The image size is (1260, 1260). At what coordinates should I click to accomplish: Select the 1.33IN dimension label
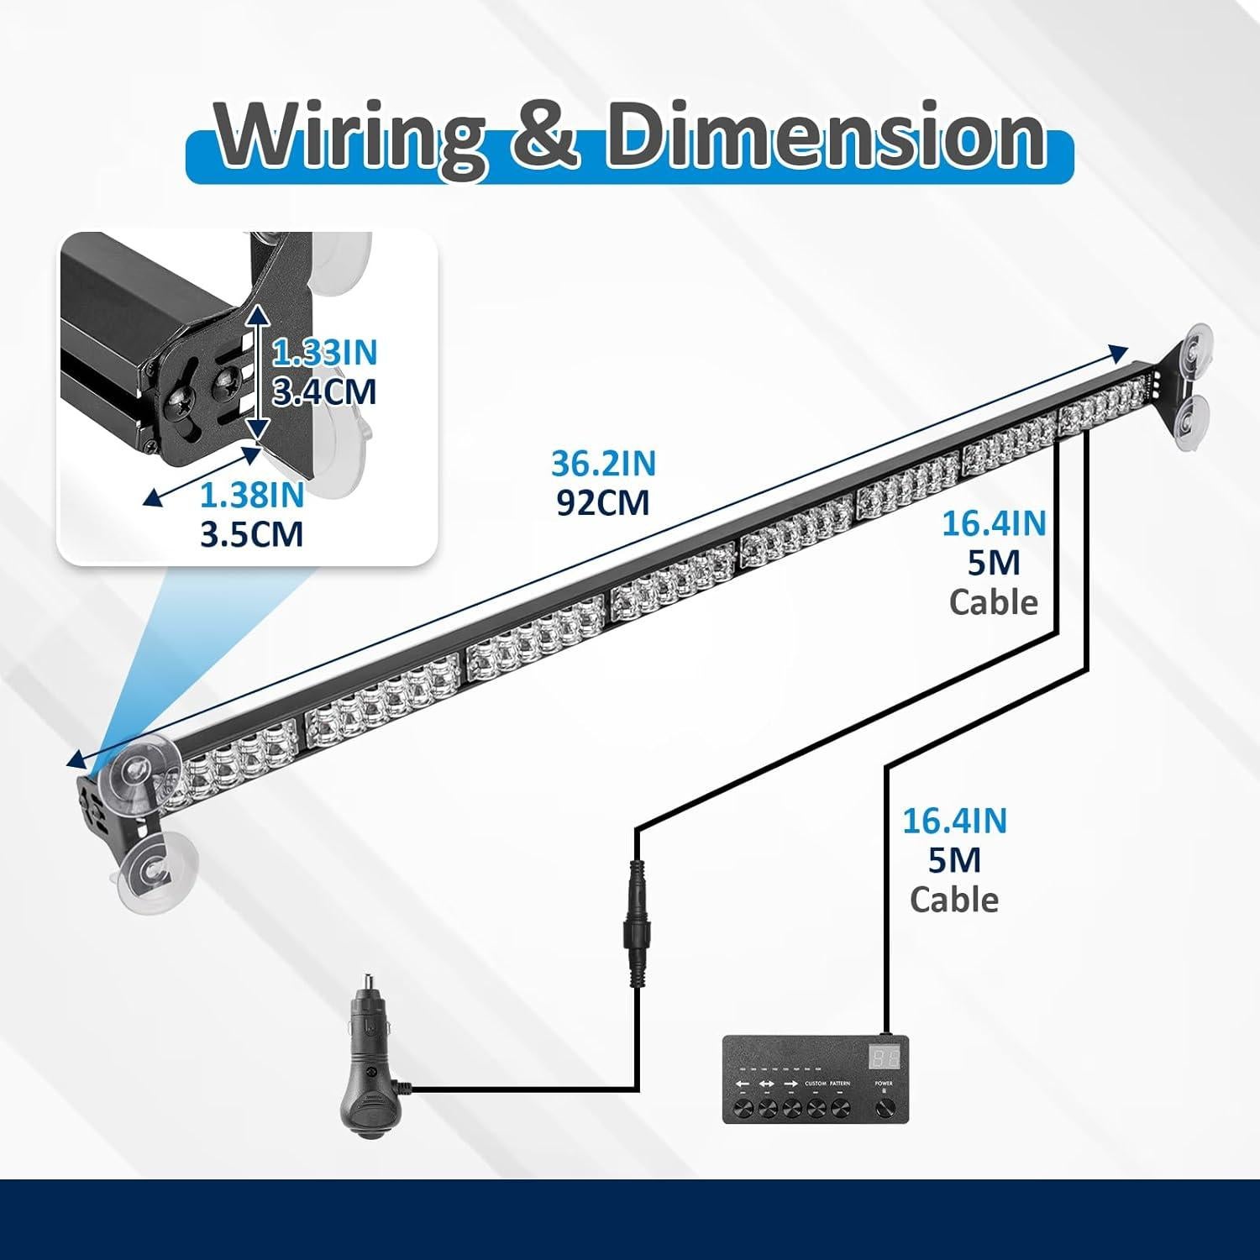tap(324, 353)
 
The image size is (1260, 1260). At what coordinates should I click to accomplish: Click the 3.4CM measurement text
tap(324, 392)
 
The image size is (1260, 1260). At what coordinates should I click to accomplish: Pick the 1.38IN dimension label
tap(251, 496)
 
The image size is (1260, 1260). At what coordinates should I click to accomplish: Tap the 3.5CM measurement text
tap(251, 534)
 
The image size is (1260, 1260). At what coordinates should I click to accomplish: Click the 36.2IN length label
tap(603, 464)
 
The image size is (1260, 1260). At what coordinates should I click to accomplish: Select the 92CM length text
tap(603, 502)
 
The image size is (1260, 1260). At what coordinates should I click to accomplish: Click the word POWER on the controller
tap(883, 1084)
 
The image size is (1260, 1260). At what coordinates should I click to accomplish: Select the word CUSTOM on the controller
tap(816, 1084)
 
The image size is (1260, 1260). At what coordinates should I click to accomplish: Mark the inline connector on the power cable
tap(635, 924)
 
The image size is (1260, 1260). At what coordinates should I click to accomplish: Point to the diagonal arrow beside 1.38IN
tap(202, 476)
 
